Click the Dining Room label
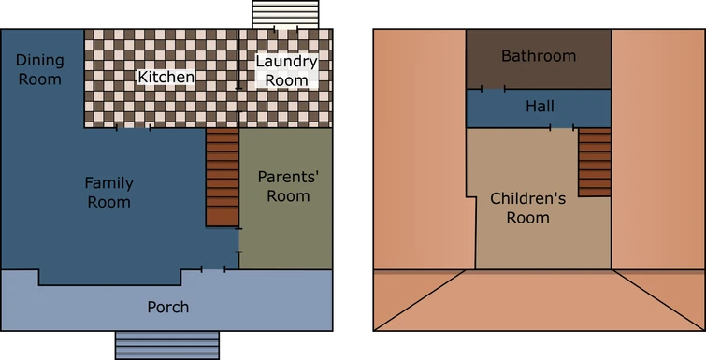coord(39,69)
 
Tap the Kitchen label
coord(166,77)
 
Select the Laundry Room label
coord(286,71)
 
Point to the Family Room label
coord(109,193)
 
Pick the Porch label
coord(168,307)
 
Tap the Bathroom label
coord(539,55)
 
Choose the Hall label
coord(540,107)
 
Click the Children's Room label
coord(528,208)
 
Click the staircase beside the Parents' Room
coord(222,177)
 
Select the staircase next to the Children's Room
coord(595,162)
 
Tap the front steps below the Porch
coord(167,345)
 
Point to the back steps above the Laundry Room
coord(285,14)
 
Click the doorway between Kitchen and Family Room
coord(133,128)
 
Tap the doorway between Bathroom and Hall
coord(493,89)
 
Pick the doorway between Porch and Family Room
coord(213,269)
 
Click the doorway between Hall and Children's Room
coord(562,127)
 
